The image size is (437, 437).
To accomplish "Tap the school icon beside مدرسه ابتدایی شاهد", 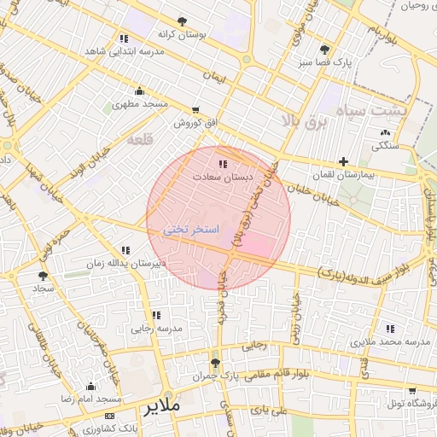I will click(125, 38).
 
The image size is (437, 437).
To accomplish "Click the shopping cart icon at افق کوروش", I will click(197, 110).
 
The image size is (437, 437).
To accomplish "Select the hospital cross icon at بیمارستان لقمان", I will click(343, 161).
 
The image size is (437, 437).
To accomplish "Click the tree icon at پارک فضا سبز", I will click(324, 50).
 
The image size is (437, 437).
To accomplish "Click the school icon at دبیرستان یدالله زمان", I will click(125, 251).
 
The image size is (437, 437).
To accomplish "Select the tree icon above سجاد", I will click(43, 276).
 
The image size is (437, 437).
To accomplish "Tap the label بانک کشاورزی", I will click(136, 426).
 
